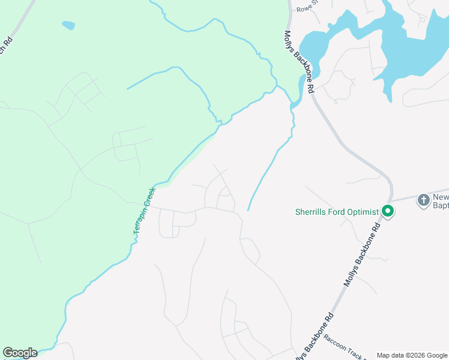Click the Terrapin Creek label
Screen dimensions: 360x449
tap(144, 211)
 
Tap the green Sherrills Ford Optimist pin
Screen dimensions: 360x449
tap(388, 211)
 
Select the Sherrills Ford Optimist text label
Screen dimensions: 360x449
tap(337, 212)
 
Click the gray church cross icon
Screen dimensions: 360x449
tap(424, 200)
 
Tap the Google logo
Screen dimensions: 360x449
tap(20, 353)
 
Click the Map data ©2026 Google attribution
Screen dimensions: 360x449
tap(412, 355)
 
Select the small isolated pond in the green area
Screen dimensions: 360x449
tap(68, 26)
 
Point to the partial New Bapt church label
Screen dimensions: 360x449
tap(441, 201)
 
